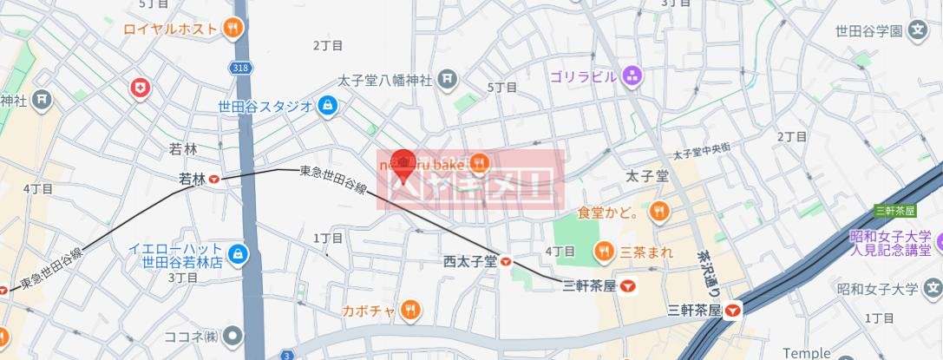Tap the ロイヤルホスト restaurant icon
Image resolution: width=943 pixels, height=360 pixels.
tap(232, 29)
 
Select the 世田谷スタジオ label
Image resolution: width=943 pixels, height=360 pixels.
tap(265, 107)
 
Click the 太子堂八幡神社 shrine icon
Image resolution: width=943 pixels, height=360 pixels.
tap(447, 81)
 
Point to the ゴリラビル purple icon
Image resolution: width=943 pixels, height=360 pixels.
tap(632, 76)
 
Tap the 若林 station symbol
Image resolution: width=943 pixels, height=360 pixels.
tap(213, 180)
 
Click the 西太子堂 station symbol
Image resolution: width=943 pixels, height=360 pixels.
tap(506, 261)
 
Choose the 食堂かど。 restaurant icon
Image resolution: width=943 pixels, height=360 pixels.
tap(660, 210)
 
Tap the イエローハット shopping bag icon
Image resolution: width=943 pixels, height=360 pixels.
tap(239, 255)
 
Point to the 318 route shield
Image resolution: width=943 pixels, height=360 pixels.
tap(240, 67)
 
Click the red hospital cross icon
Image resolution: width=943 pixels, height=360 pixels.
tap(139, 87)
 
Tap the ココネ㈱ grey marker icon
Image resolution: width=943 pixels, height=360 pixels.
tap(232, 335)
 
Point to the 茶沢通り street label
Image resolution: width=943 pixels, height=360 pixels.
tap(704, 265)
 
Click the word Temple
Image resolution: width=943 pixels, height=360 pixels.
tap(806, 353)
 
